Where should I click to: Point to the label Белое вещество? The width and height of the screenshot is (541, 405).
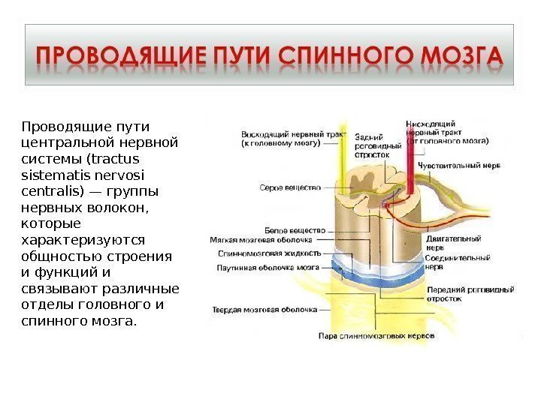[295, 230]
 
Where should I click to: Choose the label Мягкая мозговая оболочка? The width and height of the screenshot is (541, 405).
[261, 241]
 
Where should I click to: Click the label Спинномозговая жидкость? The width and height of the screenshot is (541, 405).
[265, 254]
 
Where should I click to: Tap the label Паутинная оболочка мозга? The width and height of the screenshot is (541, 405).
[268, 267]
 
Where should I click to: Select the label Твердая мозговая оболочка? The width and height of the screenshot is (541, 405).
[265, 309]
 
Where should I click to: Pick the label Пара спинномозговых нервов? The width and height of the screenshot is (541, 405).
[376, 336]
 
